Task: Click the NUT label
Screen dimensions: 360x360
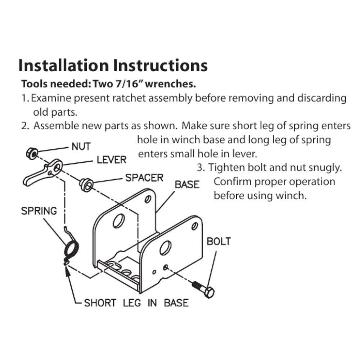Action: (x=81, y=147)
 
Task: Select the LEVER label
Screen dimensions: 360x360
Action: (x=112, y=159)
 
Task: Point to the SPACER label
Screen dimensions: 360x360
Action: (x=144, y=177)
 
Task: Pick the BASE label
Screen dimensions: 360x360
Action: (x=187, y=185)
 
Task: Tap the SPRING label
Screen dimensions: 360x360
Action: (x=39, y=211)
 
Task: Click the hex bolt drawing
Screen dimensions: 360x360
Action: (x=204, y=289)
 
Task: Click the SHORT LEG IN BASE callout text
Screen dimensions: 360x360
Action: (x=136, y=303)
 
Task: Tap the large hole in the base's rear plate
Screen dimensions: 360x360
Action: (x=118, y=220)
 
